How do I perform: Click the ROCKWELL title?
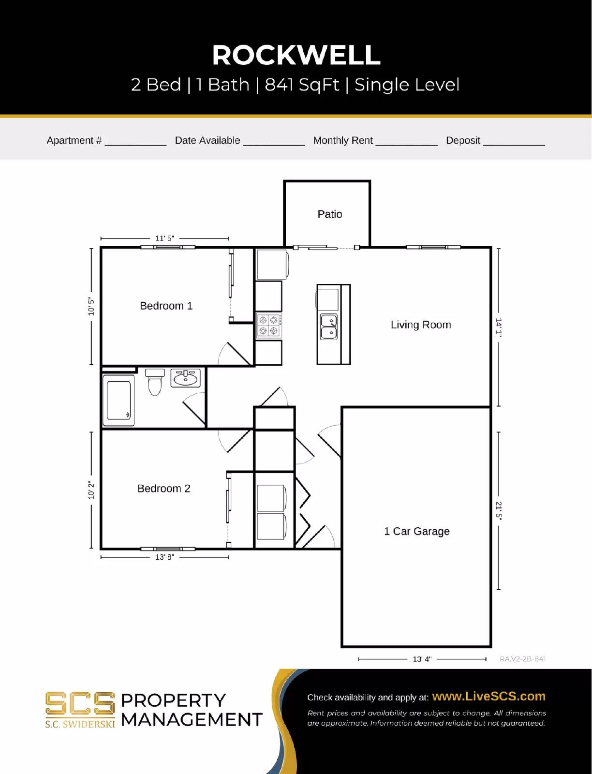click(x=296, y=55)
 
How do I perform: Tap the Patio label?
click(x=329, y=214)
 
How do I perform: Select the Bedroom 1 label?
click(x=166, y=306)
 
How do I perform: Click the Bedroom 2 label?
click(x=163, y=489)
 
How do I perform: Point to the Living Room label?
click(x=421, y=325)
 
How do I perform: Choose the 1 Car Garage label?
click(x=416, y=531)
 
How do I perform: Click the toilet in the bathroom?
click(x=155, y=382)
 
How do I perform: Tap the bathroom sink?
click(x=185, y=378)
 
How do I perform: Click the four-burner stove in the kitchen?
click(x=268, y=325)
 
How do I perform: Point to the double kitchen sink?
click(x=328, y=327)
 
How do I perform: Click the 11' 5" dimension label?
click(x=164, y=238)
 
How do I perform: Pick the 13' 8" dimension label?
click(x=164, y=557)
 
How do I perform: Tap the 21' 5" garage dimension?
click(x=499, y=510)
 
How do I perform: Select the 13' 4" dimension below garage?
click(x=422, y=659)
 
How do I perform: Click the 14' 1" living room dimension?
click(x=499, y=327)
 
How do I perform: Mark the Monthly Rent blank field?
click(x=406, y=141)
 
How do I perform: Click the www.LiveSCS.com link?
click(x=488, y=696)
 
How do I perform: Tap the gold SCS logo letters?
click(x=80, y=703)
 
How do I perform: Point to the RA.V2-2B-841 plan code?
click(x=522, y=659)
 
